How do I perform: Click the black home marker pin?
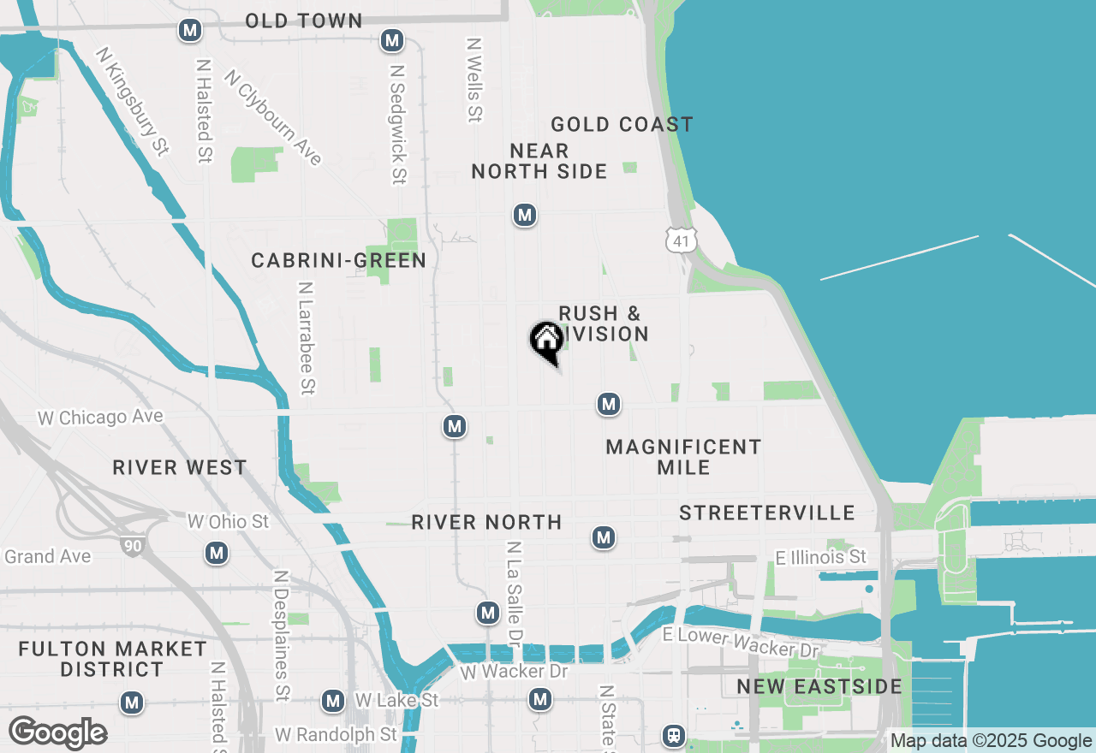click(x=546, y=341)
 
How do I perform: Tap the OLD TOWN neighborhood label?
click(x=303, y=21)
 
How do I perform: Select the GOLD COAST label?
click(x=622, y=125)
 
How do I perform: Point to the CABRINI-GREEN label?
click(x=338, y=261)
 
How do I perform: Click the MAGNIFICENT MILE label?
click(x=683, y=457)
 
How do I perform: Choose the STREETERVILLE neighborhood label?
click(x=767, y=513)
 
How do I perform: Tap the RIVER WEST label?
click(x=180, y=468)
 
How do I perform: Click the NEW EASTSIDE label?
click(x=819, y=687)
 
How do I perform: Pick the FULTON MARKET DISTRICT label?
click(x=112, y=659)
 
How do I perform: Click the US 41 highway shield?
click(x=681, y=240)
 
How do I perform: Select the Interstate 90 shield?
click(x=131, y=545)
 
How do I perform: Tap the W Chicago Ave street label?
click(x=100, y=418)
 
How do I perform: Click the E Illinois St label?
click(x=820, y=558)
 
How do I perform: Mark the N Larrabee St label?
click(x=306, y=338)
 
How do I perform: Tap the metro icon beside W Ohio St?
click(x=217, y=553)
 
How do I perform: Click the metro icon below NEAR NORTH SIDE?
click(x=525, y=215)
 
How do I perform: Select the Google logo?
click(x=57, y=732)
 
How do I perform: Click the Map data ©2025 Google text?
click(x=991, y=741)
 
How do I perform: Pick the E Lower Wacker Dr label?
click(x=742, y=642)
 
